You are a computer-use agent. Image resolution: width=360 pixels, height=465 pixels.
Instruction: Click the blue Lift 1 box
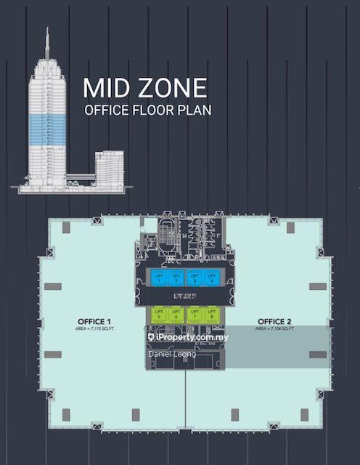[x=157, y=277]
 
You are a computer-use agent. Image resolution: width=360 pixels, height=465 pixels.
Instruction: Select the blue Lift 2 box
[x=175, y=277]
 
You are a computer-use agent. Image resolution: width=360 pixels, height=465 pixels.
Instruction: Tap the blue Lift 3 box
[x=194, y=277]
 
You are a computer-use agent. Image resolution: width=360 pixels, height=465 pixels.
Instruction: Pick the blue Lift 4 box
[x=210, y=277]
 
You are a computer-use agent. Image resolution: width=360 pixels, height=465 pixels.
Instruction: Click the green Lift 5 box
[x=157, y=314]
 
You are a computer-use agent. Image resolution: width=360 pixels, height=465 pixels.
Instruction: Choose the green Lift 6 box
[x=175, y=314]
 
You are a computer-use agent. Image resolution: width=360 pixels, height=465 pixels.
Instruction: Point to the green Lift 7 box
[x=194, y=314]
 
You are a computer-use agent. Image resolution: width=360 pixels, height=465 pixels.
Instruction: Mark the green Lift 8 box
[x=210, y=314]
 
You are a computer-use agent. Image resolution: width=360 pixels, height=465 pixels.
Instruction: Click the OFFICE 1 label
[x=94, y=321]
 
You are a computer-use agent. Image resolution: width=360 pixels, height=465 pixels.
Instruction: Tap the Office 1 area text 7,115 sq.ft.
[x=94, y=329]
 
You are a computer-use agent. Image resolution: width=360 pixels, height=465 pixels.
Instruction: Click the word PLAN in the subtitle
[x=195, y=111]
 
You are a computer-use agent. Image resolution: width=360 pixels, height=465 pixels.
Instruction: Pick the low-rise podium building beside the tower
[x=108, y=169]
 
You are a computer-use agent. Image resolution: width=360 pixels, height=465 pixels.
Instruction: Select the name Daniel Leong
[x=172, y=354]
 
